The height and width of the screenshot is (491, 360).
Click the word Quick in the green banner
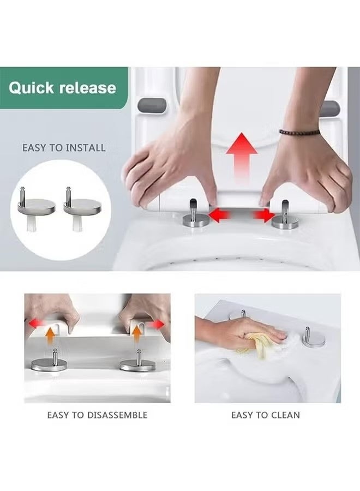[31, 88]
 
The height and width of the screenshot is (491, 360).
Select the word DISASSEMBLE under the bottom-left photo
[117, 415]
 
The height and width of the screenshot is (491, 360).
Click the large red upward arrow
[241, 158]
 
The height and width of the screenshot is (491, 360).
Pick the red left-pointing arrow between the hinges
[219, 215]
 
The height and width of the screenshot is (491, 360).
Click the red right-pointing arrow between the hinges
[264, 215]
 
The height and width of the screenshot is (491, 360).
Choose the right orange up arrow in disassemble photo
[136, 334]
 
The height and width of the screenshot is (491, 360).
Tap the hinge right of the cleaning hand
[313, 338]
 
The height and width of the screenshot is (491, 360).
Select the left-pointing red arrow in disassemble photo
[35, 323]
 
